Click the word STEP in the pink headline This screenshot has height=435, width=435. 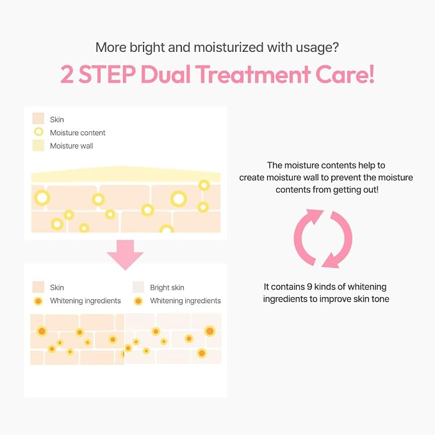point(107,74)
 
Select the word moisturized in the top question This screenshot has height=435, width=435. point(229,47)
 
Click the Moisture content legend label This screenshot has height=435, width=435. point(78,133)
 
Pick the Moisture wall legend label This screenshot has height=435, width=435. point(72,146)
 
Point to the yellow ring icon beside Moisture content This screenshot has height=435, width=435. point(38,132)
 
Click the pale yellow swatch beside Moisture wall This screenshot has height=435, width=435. point(38,145)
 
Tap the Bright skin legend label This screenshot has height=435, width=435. point(167,288)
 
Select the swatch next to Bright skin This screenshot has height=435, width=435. point(138,287)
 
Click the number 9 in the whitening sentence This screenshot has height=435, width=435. point(309,286)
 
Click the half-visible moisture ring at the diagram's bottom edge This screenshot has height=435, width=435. point(167,229)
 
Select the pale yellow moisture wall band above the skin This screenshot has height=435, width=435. point(126,174)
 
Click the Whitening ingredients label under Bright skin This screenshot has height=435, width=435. point(185,300)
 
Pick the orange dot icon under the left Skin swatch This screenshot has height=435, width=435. point(38,301)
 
